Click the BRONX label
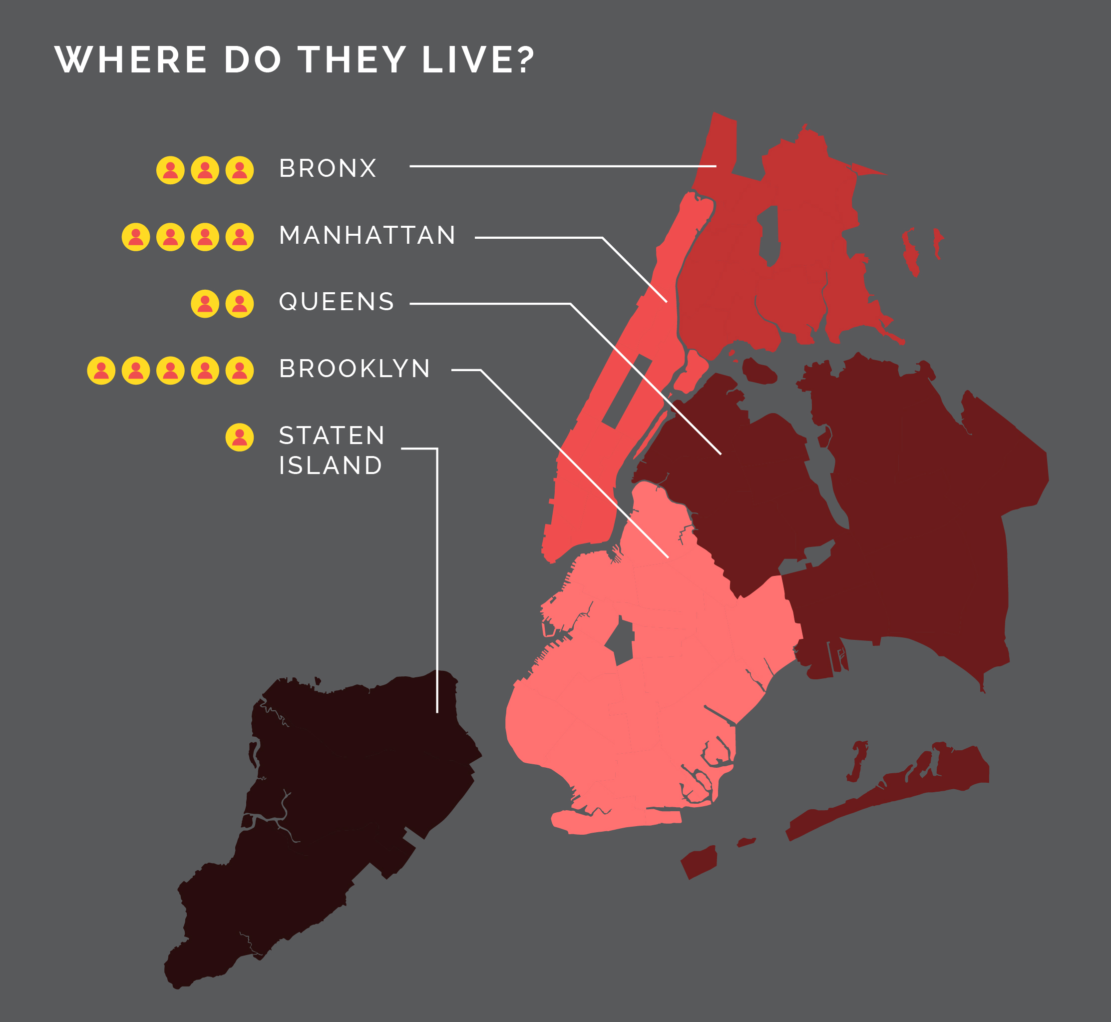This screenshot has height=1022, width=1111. [327, 168]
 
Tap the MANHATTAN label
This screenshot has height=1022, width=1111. [367, 235]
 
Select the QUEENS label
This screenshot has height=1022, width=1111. [336, 302]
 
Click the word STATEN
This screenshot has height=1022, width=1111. [332, 436]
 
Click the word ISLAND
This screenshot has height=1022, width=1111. [331, 466]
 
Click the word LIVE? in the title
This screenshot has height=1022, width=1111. [478, 60]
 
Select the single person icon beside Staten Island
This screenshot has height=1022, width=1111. [239, 437]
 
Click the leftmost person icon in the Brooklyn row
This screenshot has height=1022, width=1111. [101, 371]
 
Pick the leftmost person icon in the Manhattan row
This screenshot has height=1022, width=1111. [136, 237]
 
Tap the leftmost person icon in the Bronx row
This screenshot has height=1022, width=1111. [170, 170]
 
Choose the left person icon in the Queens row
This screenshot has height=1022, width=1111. [205, 304]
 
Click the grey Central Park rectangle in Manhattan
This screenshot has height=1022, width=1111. [626, 391]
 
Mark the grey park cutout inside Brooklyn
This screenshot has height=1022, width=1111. [620, 641]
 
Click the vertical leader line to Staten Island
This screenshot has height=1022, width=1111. [437, 580]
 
